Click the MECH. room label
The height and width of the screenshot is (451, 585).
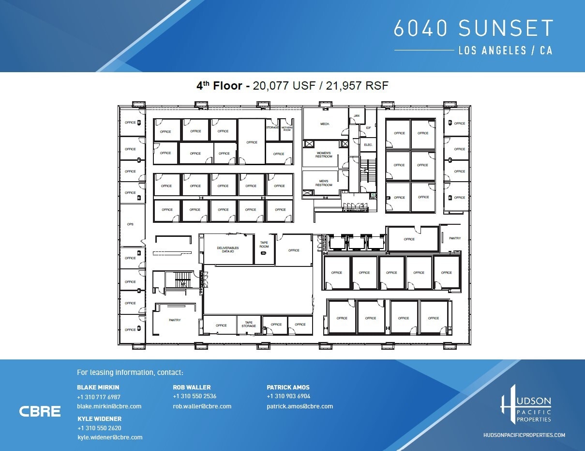pyautogui.click(x=325, y=124)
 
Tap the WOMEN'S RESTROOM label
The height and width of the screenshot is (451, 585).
pyautogui.click(x=324, y=155)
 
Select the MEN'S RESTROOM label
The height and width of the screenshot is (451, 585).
pyautogui.click(x=324, y=183)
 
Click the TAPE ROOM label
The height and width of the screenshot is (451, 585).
pyautogui.click(x=264, y=245)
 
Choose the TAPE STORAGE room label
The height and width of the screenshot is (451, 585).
pyautogui.click(x=249, y=324)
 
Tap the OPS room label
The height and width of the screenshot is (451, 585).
pyautogui.click(x=130, y=224)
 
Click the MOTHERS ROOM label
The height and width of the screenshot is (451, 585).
pyautogui.click(x=287, y=128)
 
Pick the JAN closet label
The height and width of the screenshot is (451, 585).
pyautogui.click(x=357, y=116)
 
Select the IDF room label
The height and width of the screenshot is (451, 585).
pyautogui.click(x=368, y=127)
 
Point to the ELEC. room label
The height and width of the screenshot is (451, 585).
pyautogui.click(x=368, y=145)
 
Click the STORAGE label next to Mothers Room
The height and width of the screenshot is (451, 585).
pyautogui.click(x=272, y=127)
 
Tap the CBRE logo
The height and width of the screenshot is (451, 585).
pyautogui.click(x=40, y=411)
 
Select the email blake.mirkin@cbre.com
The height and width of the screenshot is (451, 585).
pyautogui.click(x=109, y=406)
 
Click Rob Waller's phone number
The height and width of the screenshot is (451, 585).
pyautogui.click(x=195, y=396)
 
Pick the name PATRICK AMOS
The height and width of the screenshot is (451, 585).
pyautogui.click(x=288, y=387)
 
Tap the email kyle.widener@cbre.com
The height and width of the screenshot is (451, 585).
pyautogui.click(x=110, y=437)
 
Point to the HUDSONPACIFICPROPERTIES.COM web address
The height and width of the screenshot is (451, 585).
pyautogui.click(x=524, y=435)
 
